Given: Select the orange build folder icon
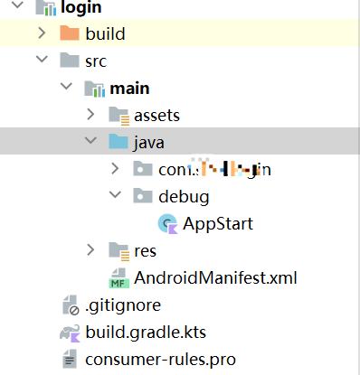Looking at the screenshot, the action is (70, 34).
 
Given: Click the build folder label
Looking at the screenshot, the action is (105, 34).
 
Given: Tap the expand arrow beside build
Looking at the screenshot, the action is (42, 34).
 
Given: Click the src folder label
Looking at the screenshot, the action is (96, 61).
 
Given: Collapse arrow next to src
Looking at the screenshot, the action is (42, 61).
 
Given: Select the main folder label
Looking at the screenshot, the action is (129, 88).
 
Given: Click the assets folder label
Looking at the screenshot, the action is (156, 115).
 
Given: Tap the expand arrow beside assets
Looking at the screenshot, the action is (90, 115).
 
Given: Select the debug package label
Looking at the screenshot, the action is (184, 196).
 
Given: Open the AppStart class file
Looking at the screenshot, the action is (217, 223).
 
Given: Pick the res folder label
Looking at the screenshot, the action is (146, 249).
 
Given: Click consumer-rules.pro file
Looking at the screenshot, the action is (160, 359).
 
